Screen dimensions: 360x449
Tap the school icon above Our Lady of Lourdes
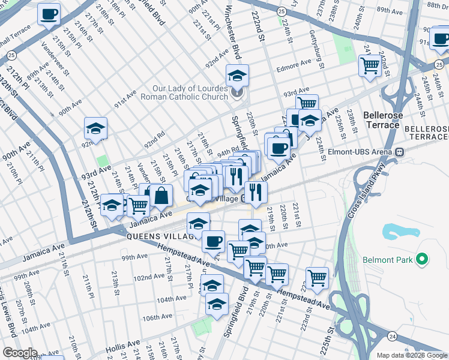pos(238,76)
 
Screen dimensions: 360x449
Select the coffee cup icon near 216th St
pos(49,14)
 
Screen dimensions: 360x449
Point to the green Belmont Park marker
pos(422,260)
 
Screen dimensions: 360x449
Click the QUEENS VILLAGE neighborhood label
pos(161,236)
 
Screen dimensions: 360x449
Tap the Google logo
pos(20,353)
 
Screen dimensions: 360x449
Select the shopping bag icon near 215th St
pos(161,195)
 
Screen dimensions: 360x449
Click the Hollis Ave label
pos(122,347)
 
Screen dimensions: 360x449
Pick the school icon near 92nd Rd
pos(95,128)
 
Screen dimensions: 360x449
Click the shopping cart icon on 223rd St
pos(318,277)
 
